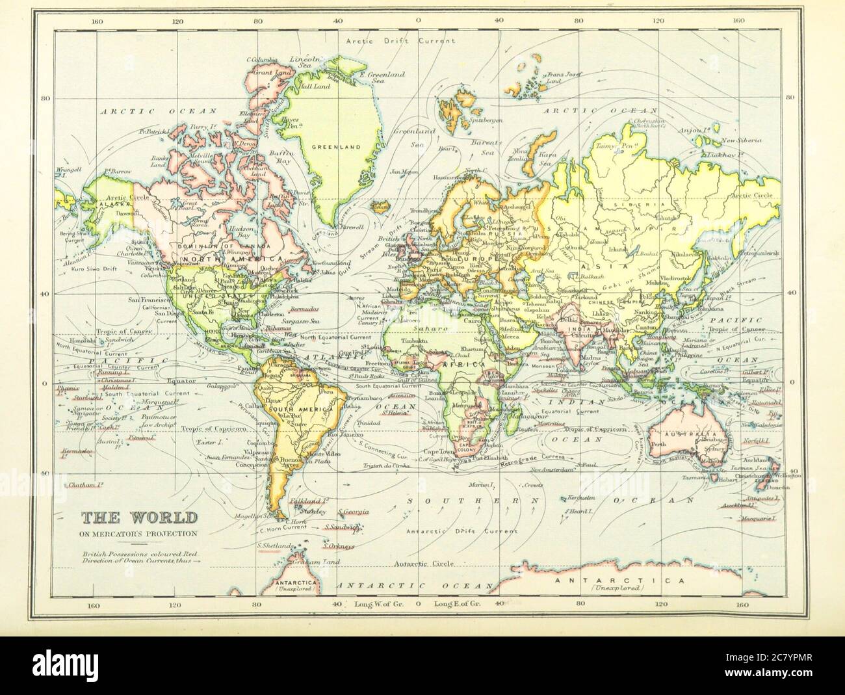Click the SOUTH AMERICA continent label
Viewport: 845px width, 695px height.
[x=300, y=410]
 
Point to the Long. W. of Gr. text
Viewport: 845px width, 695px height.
[x=380, y=605]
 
